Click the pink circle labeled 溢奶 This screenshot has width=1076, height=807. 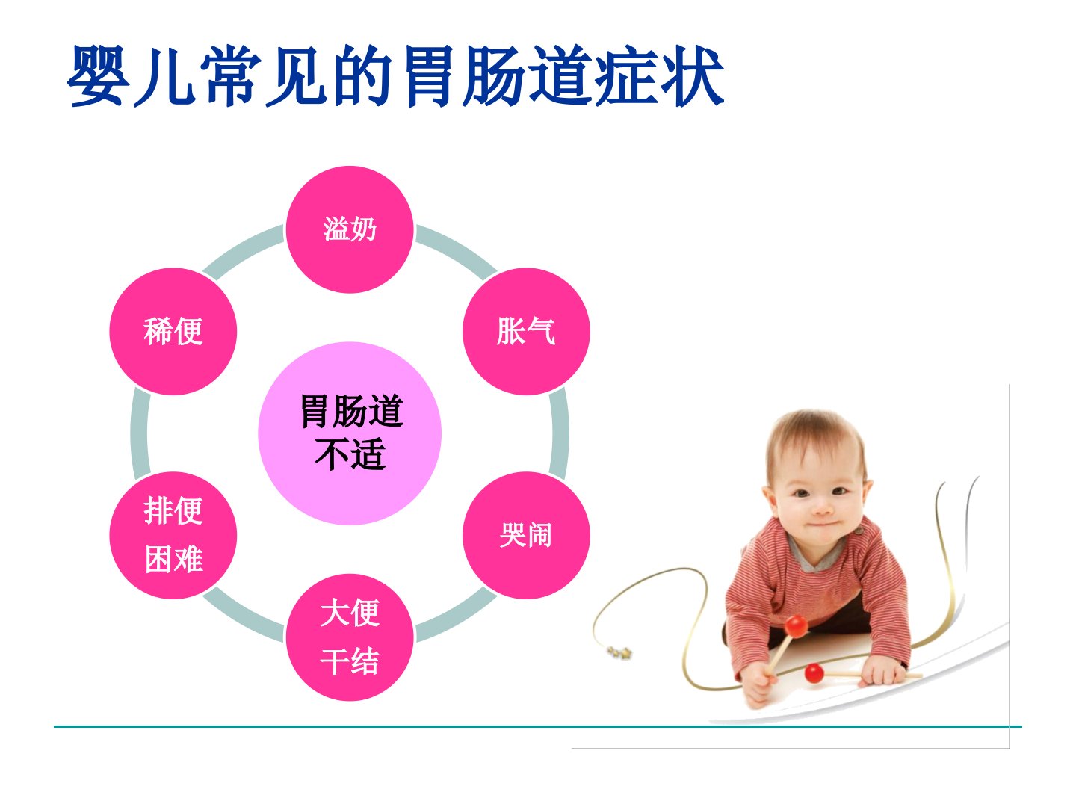pos(350,229)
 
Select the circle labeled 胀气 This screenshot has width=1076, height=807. pos(526,331)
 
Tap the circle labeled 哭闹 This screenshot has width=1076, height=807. pos(526,535)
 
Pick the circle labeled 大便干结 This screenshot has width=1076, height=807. pos(350,637)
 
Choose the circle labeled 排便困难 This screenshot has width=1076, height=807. pos(173,535)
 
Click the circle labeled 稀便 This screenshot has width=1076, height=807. pos(173,331)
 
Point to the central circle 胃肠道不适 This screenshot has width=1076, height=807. pos(350,433)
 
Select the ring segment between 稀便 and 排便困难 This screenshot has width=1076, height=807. pos(140,433)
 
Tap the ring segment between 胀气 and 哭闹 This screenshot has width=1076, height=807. pos(560,433)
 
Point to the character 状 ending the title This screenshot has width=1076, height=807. pos(692,76)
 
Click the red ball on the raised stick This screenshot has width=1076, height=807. pos(796,626)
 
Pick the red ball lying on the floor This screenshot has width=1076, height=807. pos(814,672)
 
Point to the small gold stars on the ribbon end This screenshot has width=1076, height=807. pos(619,652)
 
